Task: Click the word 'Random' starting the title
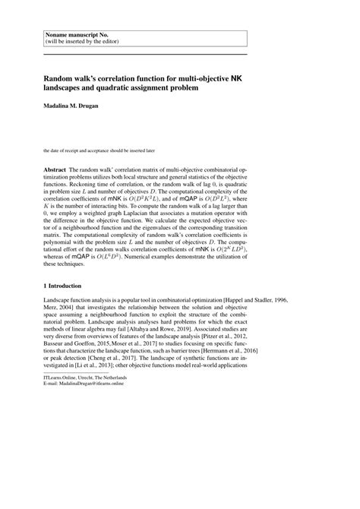coord(60,77)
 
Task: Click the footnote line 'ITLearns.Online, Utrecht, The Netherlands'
coord(84,484)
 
